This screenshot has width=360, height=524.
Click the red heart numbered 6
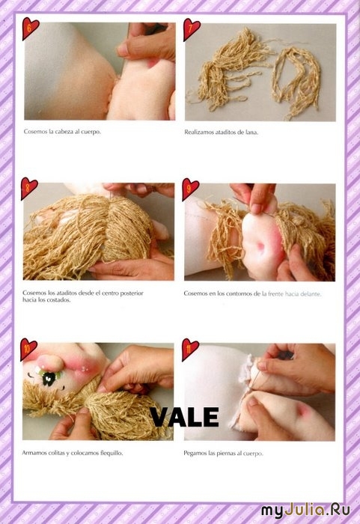coord(30,28)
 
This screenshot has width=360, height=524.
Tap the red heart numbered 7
coord(191,29)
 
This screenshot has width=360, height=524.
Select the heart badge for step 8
coord(28,188)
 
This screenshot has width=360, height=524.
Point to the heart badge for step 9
coord(190,189)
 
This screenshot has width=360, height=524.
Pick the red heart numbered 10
coord(28,349)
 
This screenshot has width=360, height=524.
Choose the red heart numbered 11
coord(190,350)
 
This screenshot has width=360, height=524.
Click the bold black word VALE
coord(184,417)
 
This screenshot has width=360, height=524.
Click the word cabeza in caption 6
coord(62,132)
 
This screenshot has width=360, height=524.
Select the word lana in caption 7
coord(251,132)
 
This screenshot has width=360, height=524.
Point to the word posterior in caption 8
coord(132,293)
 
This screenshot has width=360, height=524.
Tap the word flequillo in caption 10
coord(112,454)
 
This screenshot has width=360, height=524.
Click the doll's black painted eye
coord(49,379)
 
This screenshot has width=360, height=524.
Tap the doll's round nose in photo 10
coord(49,361)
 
